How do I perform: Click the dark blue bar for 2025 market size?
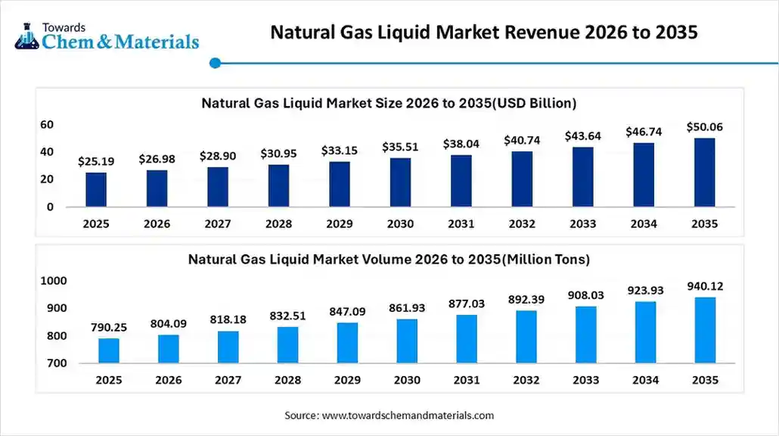[x=96, y=189]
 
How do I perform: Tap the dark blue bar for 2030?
[x=400, y=182]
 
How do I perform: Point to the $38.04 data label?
[x=461, y=144]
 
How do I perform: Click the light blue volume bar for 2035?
[x=704, y=330]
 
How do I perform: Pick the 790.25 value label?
[x=108, y=327]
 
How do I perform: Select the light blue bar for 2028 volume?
[x=287, y=344]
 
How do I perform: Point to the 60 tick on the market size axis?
[x=47, y=124]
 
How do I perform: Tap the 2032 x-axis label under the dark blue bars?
[x=522, y=224]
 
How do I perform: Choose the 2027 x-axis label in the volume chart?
[x=228, y=381]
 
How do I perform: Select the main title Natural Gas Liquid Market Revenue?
[x=484, y=33]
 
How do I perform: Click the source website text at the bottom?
[x=389, y=416]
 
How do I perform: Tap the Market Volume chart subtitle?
[x=389, y=259]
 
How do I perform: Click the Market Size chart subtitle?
[x=389, y=103]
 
